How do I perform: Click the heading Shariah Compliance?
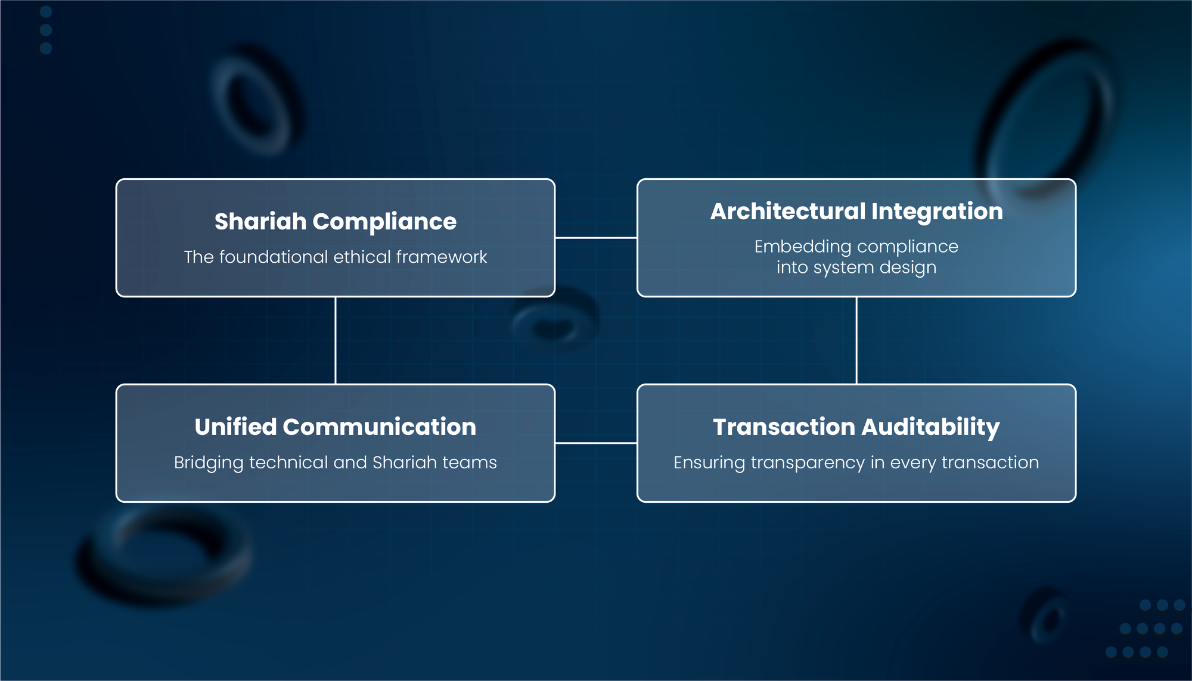pos(336,222)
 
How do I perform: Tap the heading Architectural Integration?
pos(856,212)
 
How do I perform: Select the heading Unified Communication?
pos(336,427)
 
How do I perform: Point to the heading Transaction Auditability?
pos(856,427)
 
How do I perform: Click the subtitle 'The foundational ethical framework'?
pos(336,257)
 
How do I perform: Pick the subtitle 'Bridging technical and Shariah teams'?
pos(336,462)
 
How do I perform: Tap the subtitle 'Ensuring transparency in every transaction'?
pos(856,462)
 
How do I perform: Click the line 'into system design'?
pos(856,268)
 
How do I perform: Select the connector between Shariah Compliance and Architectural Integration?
pos(596,238)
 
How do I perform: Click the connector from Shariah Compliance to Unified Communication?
pos(336,340)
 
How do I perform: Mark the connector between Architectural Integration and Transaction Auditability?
pos(856,340)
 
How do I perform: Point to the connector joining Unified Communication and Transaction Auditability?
pos(596,443)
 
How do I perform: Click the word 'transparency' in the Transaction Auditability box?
pos(808,463)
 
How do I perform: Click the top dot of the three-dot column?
pos(46,11)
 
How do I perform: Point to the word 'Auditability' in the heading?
pos(931,427)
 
